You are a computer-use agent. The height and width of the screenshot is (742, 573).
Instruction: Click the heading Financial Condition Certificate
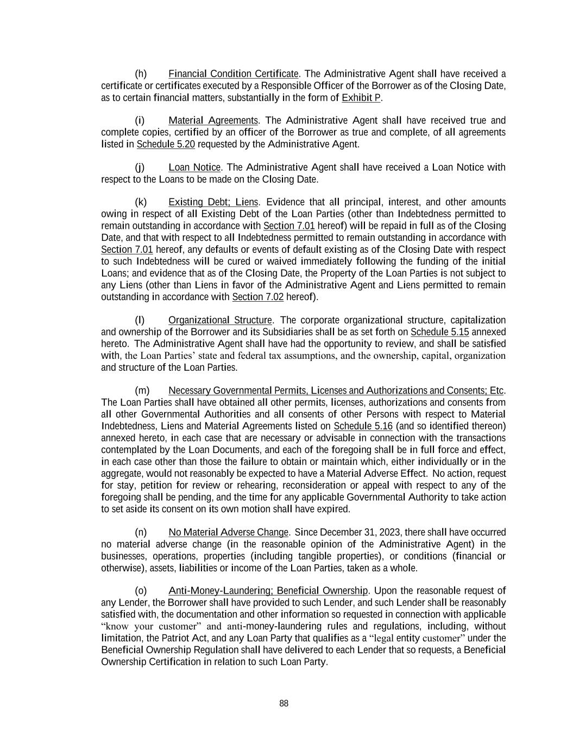point(234,74)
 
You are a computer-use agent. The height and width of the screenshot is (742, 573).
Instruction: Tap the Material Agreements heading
point(213,121)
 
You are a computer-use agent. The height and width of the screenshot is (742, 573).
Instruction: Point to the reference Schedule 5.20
point(166,145)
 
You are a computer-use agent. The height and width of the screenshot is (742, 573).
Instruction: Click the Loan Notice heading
point(194,167)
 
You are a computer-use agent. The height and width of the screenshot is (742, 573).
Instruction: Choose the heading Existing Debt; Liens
point(213,202)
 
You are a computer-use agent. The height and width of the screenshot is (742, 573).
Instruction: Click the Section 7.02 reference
point(258,297)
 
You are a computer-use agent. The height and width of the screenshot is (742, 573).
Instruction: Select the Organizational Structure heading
point(220,320)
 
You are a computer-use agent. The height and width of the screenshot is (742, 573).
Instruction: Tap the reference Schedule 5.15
point(439,332)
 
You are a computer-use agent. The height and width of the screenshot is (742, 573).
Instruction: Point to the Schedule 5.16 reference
point(363,426)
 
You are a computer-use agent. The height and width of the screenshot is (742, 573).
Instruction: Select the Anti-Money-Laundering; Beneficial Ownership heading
point(268,591)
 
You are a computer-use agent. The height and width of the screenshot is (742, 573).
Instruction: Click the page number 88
point(284,704)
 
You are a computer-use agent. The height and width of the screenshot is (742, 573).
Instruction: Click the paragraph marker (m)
point(141,391)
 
